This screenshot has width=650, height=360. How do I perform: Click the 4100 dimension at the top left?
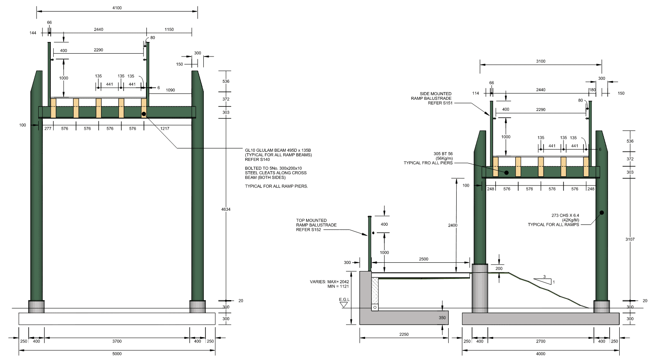point(117,8)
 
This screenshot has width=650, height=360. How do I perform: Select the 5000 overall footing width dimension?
point(117,354)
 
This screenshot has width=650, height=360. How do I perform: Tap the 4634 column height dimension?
point(226,210)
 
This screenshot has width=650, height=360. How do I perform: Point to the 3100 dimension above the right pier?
point(541,61)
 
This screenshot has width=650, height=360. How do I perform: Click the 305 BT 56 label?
point(443,154)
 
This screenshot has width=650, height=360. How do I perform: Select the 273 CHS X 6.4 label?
point(565,215)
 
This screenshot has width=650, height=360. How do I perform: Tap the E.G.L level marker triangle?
point(344,305)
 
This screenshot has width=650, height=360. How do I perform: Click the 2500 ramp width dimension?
point(423,259)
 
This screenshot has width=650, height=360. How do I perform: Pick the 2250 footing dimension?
point(404,334)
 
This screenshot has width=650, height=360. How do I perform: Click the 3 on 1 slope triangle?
point(544,280)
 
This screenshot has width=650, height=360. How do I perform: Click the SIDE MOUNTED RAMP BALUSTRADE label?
point(431,99)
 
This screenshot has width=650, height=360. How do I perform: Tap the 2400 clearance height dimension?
point(452,225)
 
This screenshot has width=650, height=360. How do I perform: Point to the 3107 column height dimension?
point(630,239)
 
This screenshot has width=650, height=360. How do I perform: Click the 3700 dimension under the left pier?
point(117,341)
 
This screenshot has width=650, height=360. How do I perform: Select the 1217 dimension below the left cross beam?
point(165,128)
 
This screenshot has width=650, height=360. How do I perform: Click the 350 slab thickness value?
point(442,318)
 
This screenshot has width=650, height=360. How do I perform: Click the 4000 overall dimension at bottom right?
point(540,354)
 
